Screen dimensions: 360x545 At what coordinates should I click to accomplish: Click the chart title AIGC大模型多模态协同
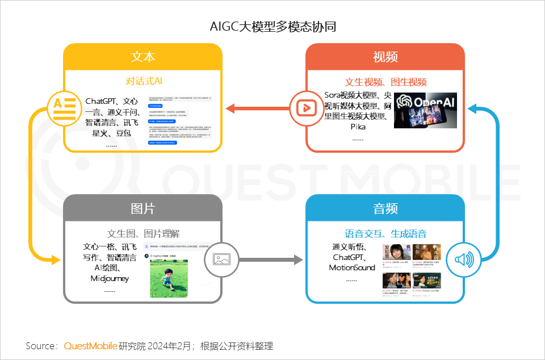[x=272, y=27]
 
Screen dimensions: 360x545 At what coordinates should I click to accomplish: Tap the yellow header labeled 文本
[x=142, y=57]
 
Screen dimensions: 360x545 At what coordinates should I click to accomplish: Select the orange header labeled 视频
[x=385, y=57]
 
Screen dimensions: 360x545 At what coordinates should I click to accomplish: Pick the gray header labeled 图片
[x=142, y=208]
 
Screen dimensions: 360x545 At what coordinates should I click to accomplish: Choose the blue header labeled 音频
[x=385, y=208]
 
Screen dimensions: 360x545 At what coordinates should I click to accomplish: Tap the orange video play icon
[x=306, y=108]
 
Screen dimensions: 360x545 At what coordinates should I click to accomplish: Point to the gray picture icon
[x=220, y=259]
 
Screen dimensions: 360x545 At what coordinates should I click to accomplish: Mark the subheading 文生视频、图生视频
[x=385, y=82]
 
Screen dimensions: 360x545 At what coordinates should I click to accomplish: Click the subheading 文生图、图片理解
[x=143, y=233]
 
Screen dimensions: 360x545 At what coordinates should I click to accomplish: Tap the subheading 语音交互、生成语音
[x=385, y=233]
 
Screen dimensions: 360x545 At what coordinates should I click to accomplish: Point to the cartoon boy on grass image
[x=169, y=278]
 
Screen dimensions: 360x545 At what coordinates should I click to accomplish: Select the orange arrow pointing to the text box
[x=255, y=108]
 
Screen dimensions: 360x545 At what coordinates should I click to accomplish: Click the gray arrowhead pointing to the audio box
[x=297, y=259]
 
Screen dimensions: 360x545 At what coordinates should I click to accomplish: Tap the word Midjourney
[x=110, y=278]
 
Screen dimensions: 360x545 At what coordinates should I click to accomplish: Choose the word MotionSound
[x=352, y=267]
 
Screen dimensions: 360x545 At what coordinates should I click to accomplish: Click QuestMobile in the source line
[x=91, y=346]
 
